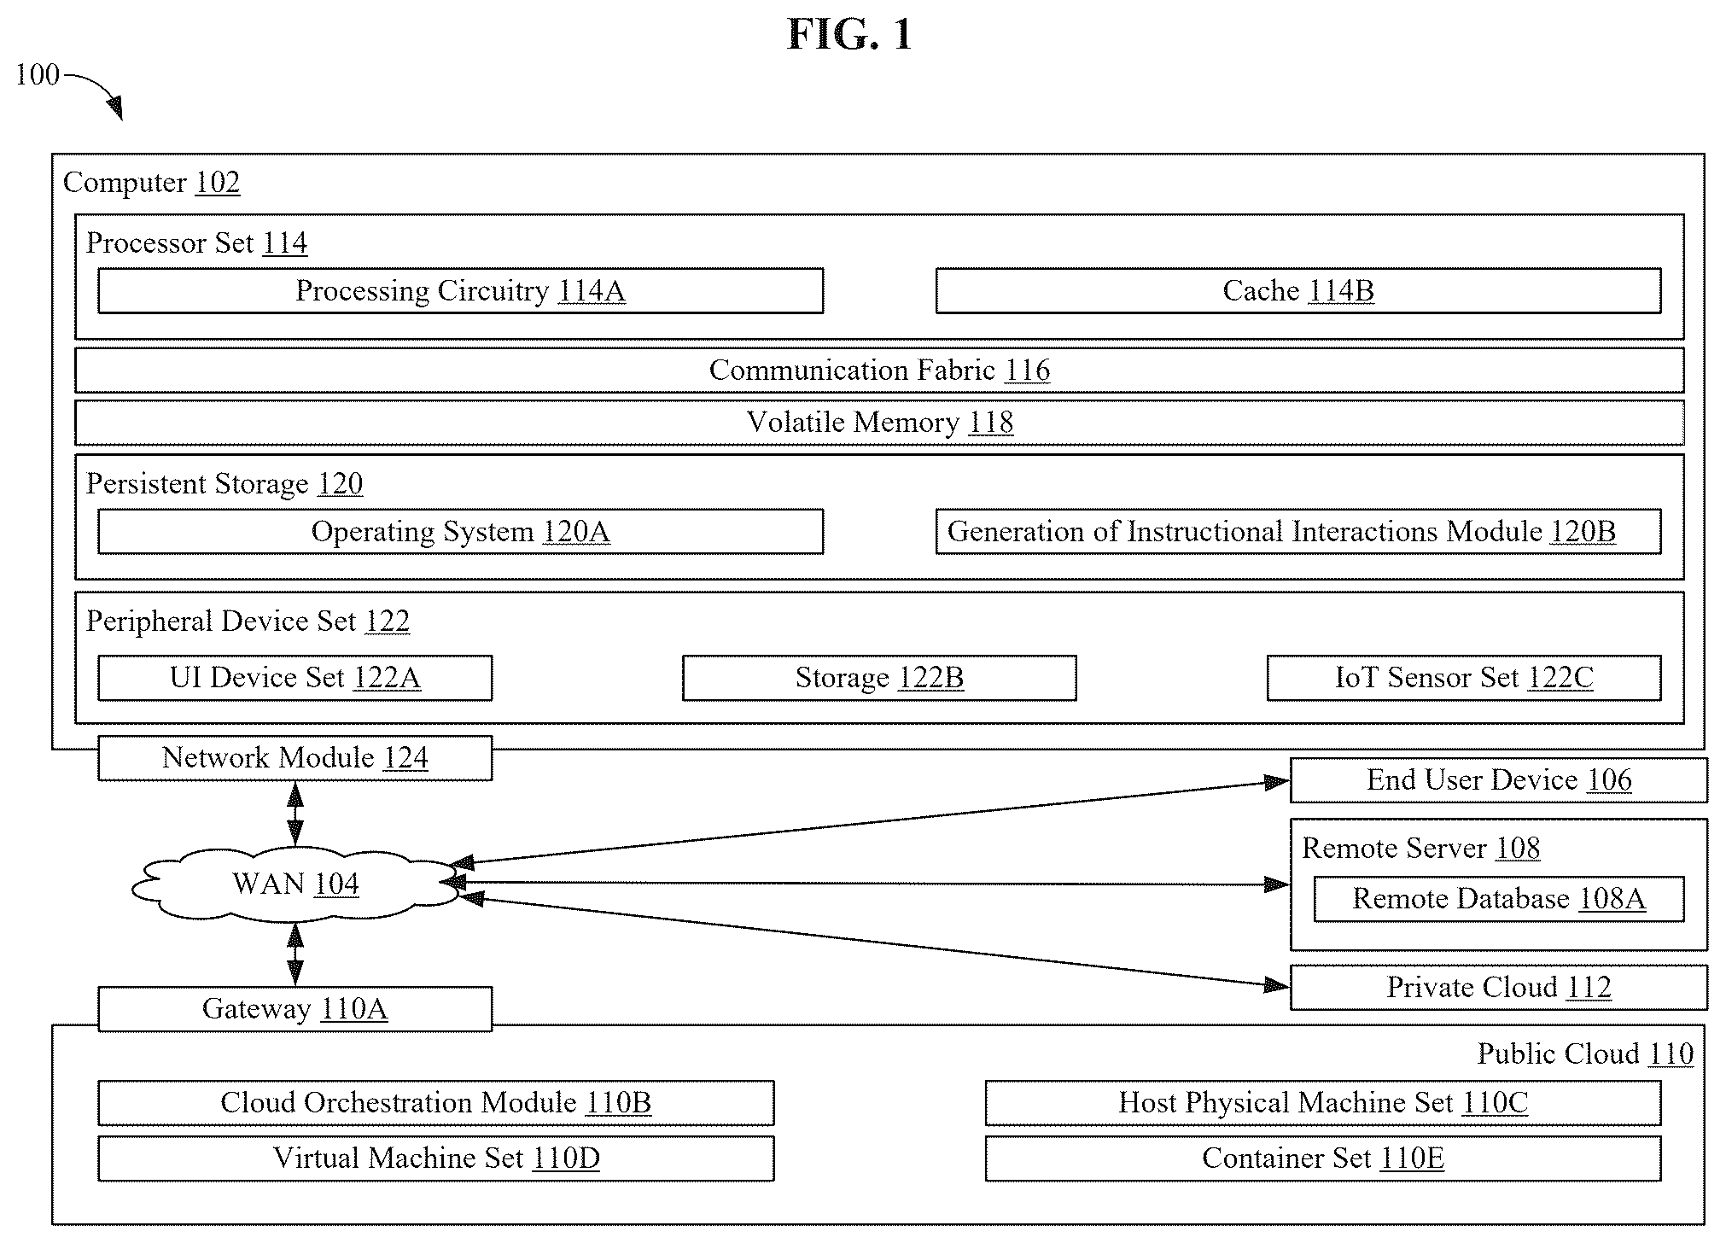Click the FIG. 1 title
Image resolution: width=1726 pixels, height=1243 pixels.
point(849,35)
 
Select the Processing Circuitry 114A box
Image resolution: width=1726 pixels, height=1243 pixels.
point(460,291)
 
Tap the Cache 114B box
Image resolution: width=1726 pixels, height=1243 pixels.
point(1298,291)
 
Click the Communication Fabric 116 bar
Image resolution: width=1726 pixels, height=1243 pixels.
point(879,371)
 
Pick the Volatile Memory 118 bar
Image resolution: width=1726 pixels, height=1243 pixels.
point(879,423)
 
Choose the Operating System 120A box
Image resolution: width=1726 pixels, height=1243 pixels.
point(460,532)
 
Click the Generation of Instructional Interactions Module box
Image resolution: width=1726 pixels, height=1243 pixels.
point(1298,532)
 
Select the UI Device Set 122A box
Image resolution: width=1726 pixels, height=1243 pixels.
point(294,678)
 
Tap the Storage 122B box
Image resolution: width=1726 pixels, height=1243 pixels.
point(879,678)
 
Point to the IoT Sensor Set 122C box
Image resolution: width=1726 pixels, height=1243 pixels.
point(1464,678)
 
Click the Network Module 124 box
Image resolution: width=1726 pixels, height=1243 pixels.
point(294,758)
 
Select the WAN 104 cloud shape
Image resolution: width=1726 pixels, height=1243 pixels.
point(294,884)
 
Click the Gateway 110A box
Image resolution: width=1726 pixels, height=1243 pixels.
point(294,1009)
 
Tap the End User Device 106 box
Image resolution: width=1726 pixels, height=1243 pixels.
point(1499,780)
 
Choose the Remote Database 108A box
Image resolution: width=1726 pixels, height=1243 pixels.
point(1499,899)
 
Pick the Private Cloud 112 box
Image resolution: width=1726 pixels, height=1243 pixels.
point(1499,988)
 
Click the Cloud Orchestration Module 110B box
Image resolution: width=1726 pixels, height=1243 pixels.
point(436,1103)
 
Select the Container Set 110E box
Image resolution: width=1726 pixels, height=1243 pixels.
point(1323,1158)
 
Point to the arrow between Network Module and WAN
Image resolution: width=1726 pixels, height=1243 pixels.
point(294,814)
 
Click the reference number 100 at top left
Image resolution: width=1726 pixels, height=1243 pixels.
point(38,75)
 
